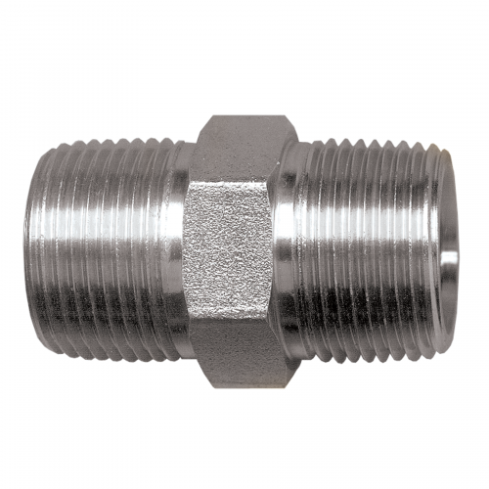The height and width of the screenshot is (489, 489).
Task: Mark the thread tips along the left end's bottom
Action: click(x=108, y=337)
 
